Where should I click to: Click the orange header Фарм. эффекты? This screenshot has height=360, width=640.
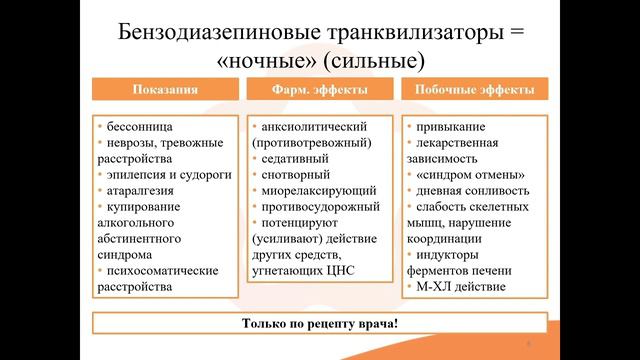pos(319,90)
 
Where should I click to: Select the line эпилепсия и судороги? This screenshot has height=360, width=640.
pos(168,174)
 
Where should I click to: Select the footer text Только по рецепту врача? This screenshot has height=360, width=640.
pos(319,324)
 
